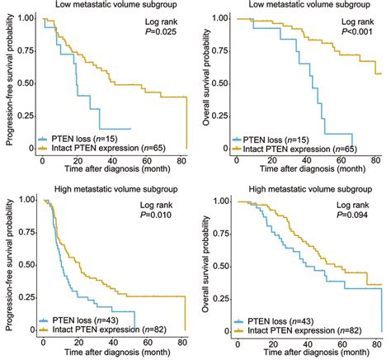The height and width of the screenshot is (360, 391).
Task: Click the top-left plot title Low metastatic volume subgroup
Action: [x=107, y=6]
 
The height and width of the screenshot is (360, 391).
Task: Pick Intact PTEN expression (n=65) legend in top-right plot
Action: [x=306, y=149]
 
